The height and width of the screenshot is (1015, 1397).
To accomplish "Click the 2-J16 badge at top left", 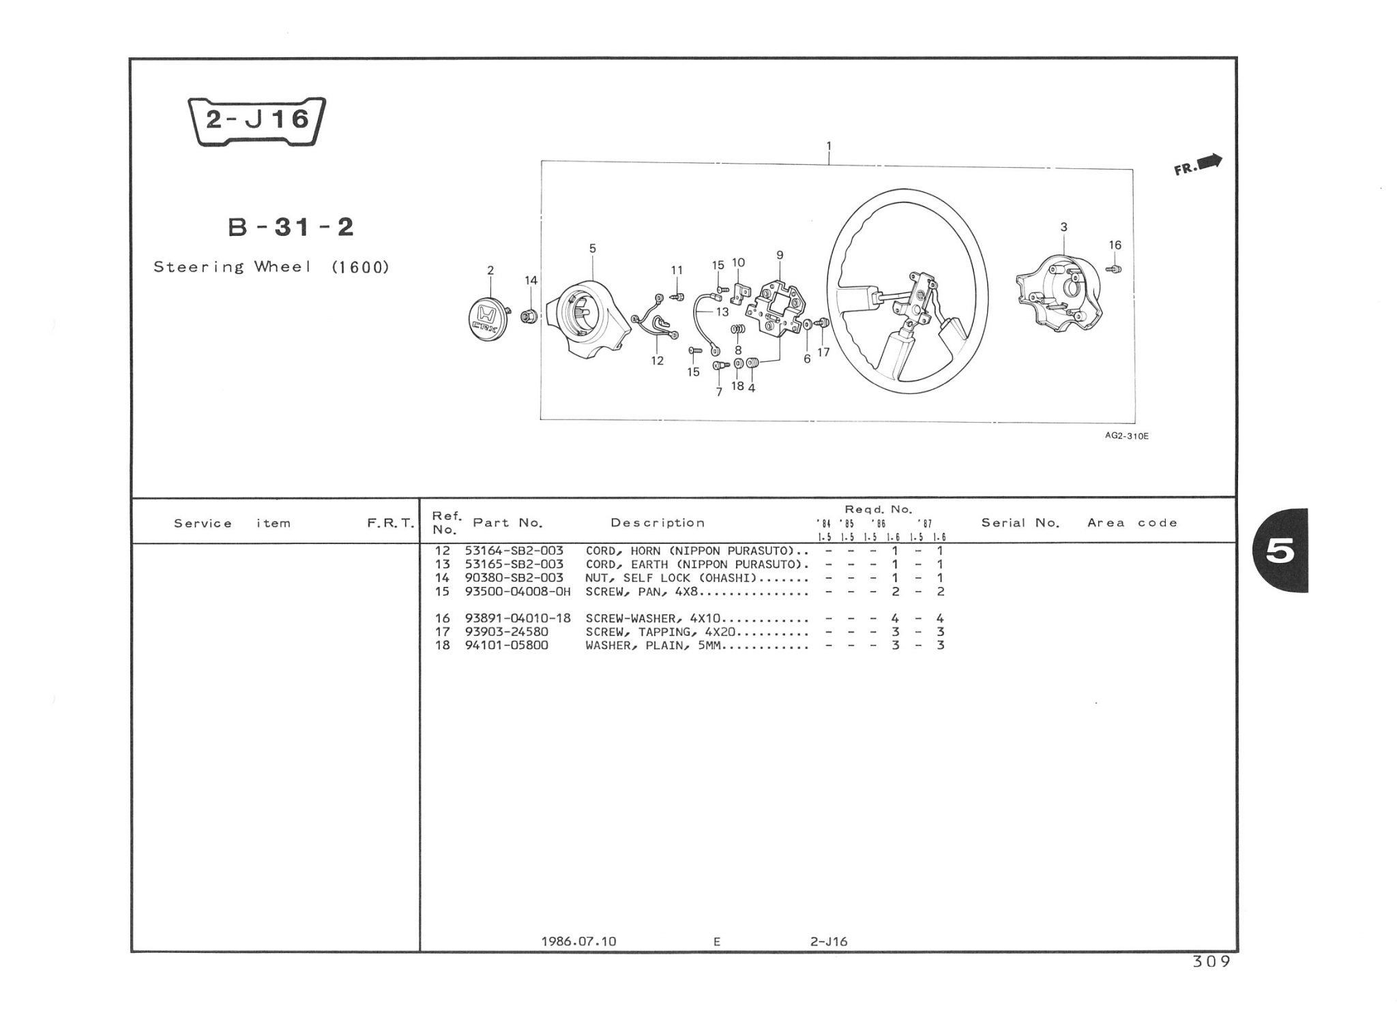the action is click(x=256, y=121).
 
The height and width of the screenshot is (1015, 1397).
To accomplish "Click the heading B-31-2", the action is click(x=291, y=227).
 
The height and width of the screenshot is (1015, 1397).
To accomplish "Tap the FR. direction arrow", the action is click(x=1198, y=165).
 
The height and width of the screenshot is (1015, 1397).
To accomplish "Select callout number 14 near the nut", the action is click(x=531, y=280).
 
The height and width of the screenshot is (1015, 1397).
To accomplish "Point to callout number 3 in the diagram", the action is click(x=1063, y=227).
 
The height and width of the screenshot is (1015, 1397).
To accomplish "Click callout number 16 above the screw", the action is click(x=1115, y=245).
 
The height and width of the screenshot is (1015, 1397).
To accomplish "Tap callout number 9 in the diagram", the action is click(x=780, y=256).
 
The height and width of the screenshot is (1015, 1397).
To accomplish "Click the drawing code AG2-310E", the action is click(x=1126, y=436).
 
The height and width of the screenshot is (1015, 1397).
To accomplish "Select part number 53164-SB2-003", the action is click(x=514, y=551).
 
